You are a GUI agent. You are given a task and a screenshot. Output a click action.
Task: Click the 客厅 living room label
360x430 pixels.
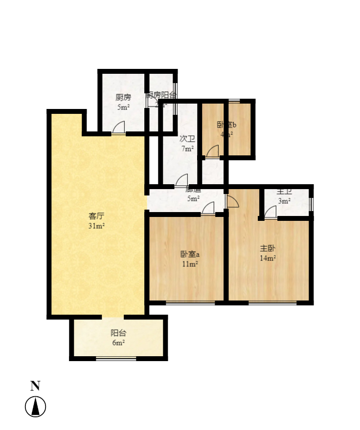pyautogui.click(x=96, y=215)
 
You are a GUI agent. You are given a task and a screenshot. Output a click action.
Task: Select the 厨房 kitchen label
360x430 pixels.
pyautogui.click(x=123, y=97)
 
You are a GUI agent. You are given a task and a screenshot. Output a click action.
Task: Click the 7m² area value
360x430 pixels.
pyautogui.click(x=187, y=149)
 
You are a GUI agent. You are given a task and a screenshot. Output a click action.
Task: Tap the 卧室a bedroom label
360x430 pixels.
pyautogui.click(x=190, y=254)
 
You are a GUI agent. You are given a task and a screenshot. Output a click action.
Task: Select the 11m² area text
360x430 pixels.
pyautogui.click(x=190, y=264)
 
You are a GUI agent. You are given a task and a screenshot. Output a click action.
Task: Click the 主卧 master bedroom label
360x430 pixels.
pyautogui.click(x=268, y=248)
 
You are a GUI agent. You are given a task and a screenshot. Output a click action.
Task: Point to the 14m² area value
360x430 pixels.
pyautogui.click(x=268, y=258)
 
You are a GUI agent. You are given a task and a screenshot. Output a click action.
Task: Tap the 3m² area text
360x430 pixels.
pyautogui.click(x=284, y=201)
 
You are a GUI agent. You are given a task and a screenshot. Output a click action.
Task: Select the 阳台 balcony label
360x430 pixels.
pyautogui.click(x=118, y=333)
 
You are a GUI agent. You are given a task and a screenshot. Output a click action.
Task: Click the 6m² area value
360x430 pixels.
pyautogui.click(x=118, y=343)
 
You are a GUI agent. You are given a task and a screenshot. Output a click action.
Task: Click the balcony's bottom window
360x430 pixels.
pyautogui.click(x=116, y=359)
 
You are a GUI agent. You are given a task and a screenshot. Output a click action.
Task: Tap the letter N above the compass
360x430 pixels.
pyautogui.click(x=35, y=386)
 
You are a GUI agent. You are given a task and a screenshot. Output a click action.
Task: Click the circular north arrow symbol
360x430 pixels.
pyautogui.click(x=35, y=407)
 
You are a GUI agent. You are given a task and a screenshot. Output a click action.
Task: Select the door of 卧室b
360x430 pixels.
pyautogui.click(x=213, y=152)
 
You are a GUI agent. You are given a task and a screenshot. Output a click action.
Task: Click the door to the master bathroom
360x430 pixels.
pyautogui.click(x=271, y=213)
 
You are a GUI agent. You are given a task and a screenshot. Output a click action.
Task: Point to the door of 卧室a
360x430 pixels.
pyautogui.click(x=208, y=209)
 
